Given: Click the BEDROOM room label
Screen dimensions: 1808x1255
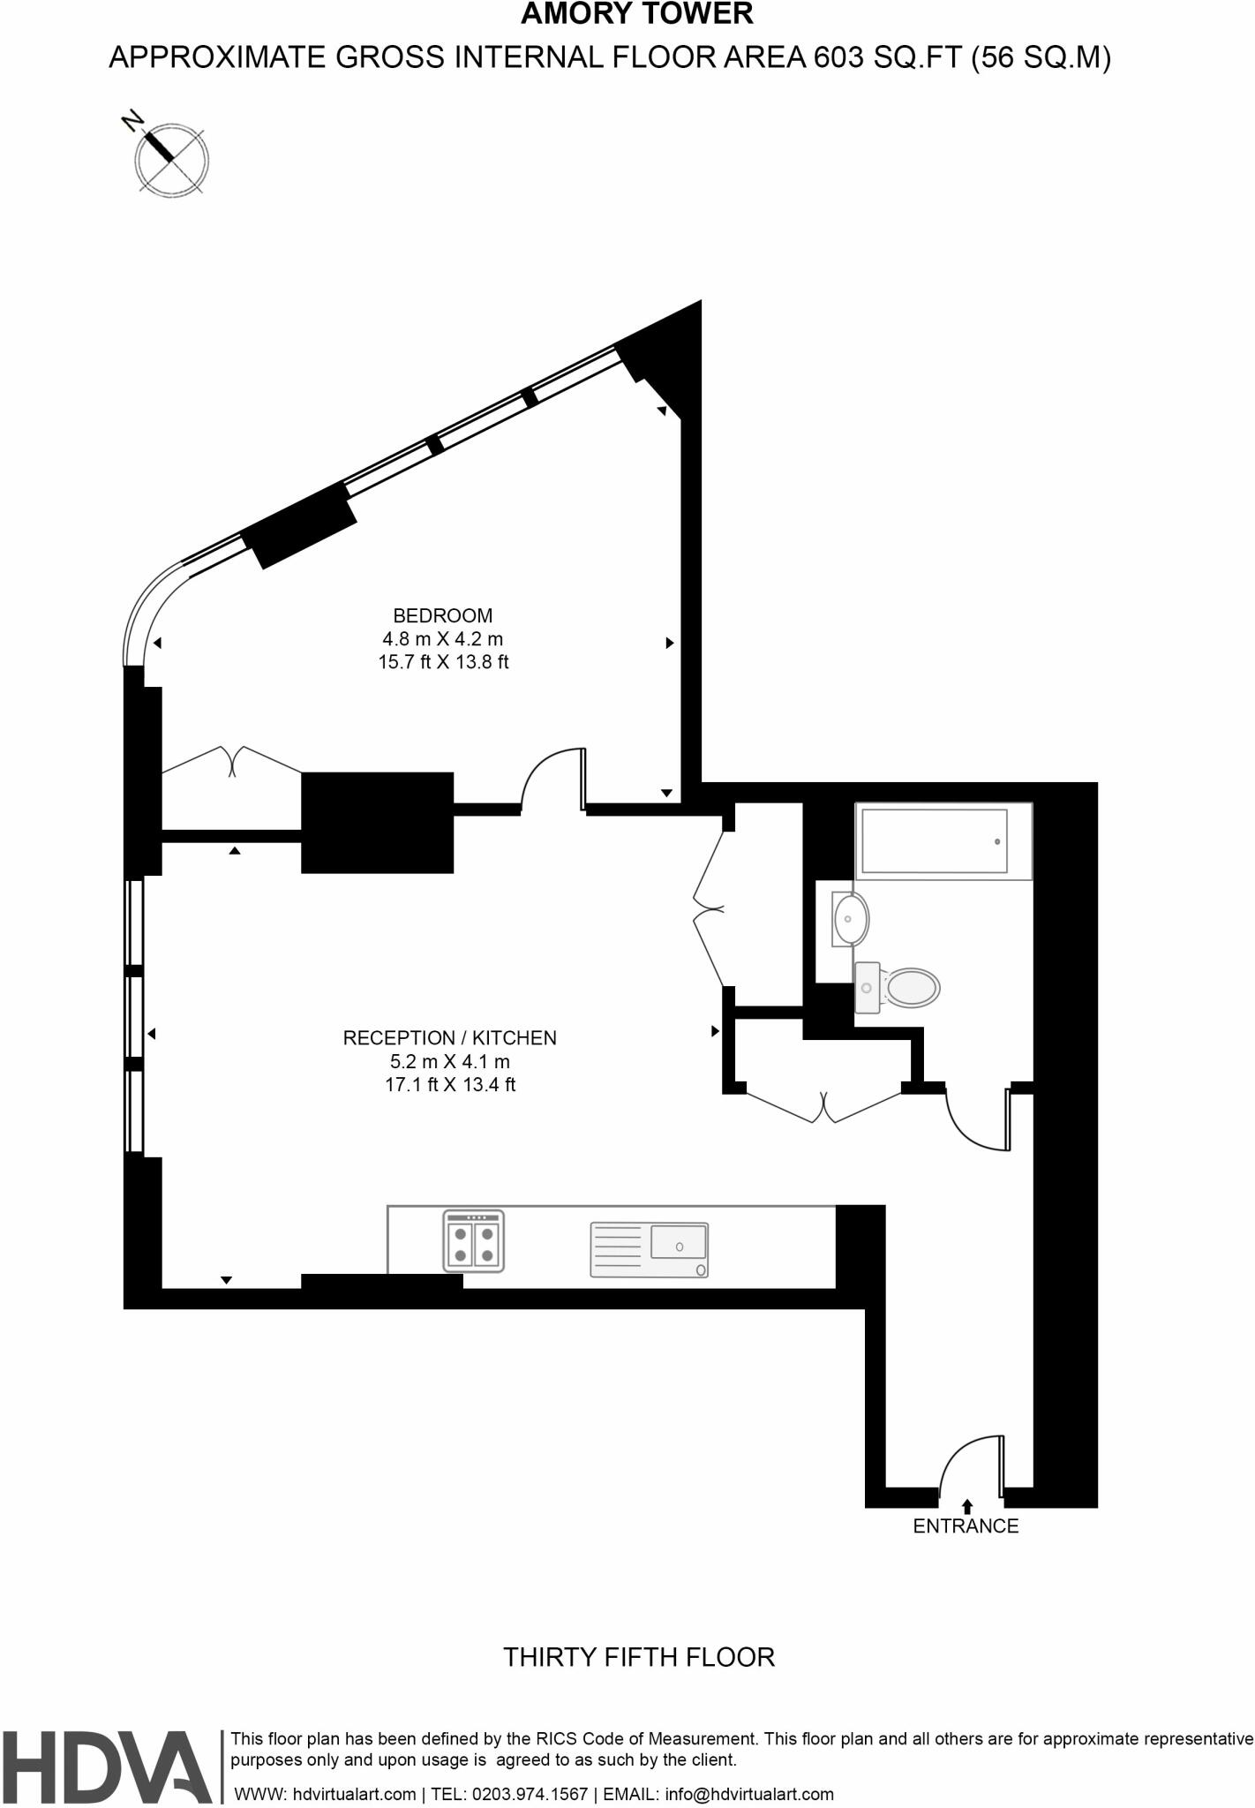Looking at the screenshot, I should [x=442, y=615].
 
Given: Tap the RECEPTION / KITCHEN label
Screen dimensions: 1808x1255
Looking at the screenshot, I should [x=449, y=1038].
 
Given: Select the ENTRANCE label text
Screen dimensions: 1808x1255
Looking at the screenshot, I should [x=966, y=1525].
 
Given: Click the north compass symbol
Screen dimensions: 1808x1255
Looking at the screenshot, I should [x=170, y=159].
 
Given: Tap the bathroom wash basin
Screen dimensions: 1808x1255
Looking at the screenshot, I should [x=849, y=918].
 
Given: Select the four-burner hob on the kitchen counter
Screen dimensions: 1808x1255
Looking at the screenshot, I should [x=474, y=1240].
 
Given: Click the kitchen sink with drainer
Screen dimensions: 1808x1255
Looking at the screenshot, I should [x=649, y=1249].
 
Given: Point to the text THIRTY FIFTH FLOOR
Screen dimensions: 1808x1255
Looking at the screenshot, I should [x=639, y=1657].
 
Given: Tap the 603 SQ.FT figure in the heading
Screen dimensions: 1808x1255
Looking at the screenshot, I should [x=887, y=58].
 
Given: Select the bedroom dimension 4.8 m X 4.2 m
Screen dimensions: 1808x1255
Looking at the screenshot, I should [x=442, y=638].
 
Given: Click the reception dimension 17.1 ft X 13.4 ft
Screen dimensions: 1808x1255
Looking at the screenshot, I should [x=449, y=1085].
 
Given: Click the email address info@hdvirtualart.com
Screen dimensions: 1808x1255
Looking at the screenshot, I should [x=748, y=1794].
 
